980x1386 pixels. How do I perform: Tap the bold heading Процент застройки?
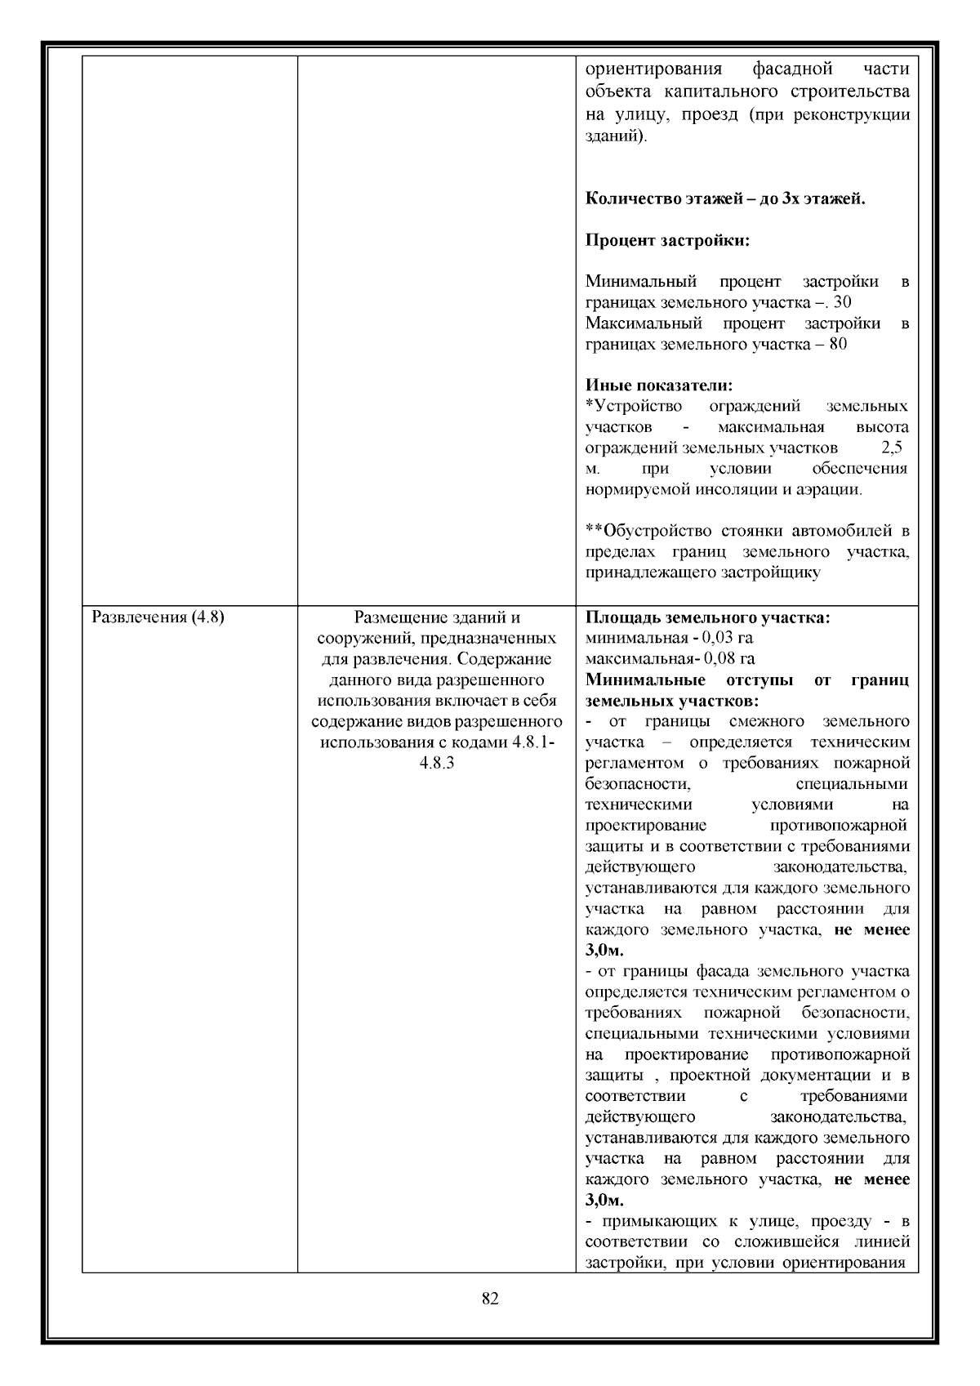tap(668, 241)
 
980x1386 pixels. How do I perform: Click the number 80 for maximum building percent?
tap(837, 345)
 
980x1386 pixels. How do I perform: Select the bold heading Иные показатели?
tap(659, 385)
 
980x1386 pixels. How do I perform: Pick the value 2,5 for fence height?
tap(892, 448)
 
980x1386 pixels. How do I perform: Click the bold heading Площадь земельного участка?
tap(708, 617)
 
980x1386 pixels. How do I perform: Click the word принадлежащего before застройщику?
tap(650, 573)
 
